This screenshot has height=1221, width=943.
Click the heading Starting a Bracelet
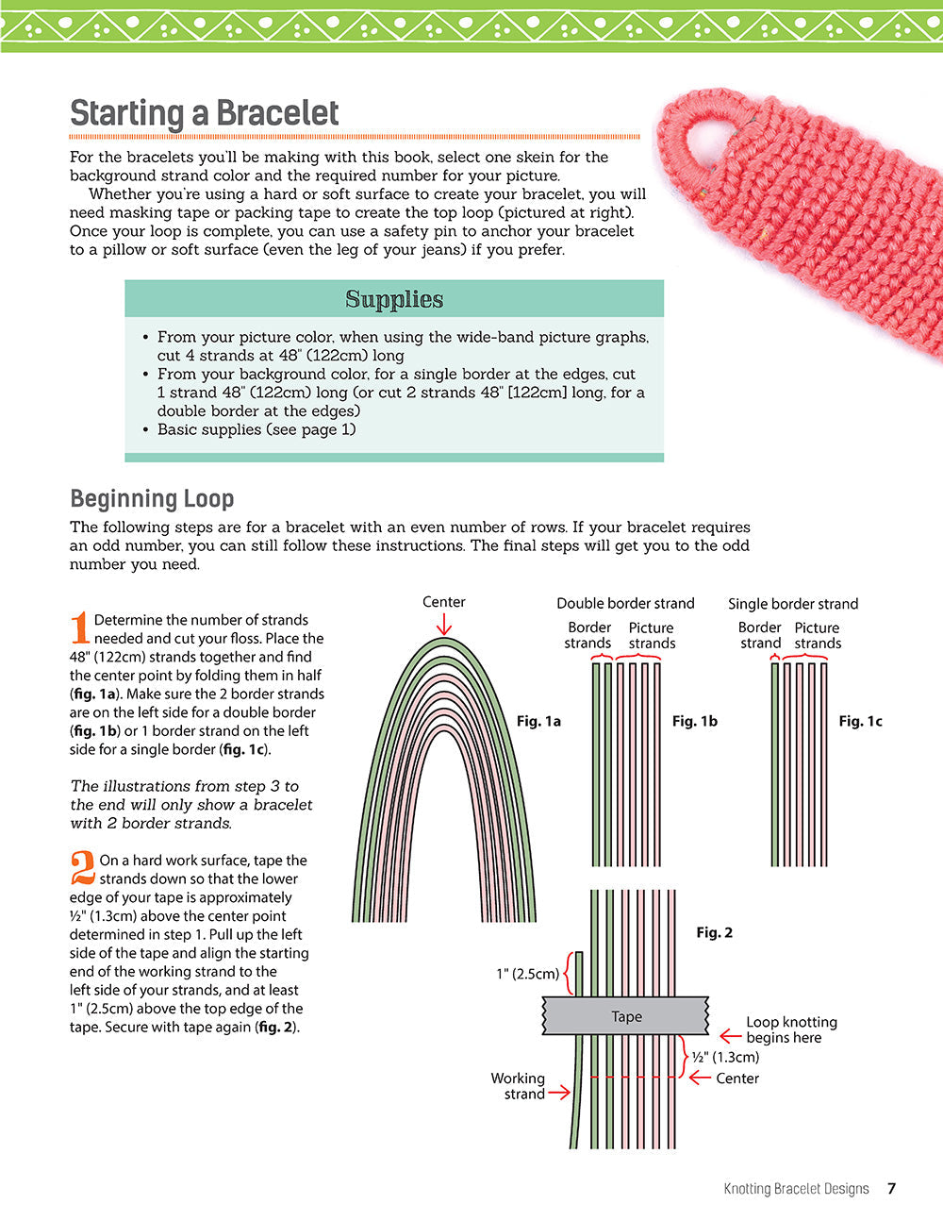click(204, 113)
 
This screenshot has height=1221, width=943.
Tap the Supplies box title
click(394, 299)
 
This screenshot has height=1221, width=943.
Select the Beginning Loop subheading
click(152, 498)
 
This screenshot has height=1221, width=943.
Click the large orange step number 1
click(81, 628)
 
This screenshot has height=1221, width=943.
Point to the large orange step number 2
click(83, 868)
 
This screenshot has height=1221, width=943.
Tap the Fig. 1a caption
click(538, 721)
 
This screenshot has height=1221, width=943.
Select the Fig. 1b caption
click(695, 721)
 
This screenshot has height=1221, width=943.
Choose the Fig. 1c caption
click(861, 721)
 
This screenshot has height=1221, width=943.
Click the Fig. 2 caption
click(714, 932)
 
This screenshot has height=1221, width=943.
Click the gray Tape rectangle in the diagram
click(626, 1016)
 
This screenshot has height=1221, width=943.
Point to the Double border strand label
click(625, 603)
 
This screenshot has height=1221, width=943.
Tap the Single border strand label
click(793, 604)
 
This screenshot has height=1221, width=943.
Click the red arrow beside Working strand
click(559, 1093)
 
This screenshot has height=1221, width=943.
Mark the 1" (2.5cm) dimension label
click(527, 974)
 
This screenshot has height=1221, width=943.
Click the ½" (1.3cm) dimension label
click(725, 1057)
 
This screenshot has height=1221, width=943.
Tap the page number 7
click(891, 1189)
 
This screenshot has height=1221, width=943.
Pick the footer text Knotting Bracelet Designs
click(796, 1189)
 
